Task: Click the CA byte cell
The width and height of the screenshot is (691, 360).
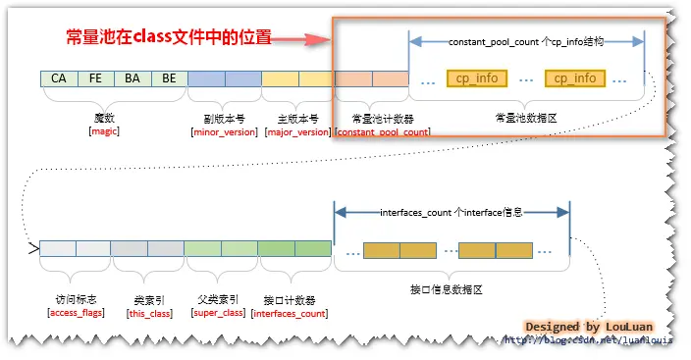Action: pyautogui.click(x=59, y=78)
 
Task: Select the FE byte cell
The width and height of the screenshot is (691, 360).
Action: pyautogui.click(x=95, y=78)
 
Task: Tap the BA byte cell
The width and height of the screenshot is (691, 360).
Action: pyautogui.click(x=133, y=78)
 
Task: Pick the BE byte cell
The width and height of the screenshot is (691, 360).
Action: pyautogui.click(x=169, y=78)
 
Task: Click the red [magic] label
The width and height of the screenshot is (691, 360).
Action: pyautogui.click(x=104, y=130)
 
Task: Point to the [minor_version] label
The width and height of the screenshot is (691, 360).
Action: pyautogui.click(x=225, y=130)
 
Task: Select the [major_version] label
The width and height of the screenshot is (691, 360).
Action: pyautogui.click(x=297, y=130)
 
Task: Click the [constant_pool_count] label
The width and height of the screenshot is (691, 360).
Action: pyautogui.click(x=383, y=130)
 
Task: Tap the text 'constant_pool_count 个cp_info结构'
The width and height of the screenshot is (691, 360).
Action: pyautogui.click(x=525, y=42)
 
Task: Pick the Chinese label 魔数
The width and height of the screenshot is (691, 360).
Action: pyautogui.click(x=104, y=117)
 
